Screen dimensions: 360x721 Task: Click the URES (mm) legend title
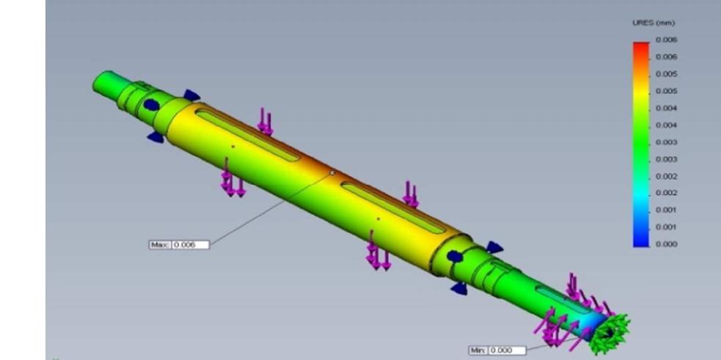click(648, 23)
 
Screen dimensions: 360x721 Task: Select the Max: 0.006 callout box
click(179, 244)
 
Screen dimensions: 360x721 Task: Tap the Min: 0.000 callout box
click(497, 350)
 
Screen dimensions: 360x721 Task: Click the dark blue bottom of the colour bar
click(641, 241)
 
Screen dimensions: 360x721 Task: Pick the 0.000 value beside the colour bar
click(667, 244)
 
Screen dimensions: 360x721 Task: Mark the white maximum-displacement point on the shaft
click(332, 174)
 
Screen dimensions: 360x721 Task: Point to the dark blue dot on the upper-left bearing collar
click(151, 105)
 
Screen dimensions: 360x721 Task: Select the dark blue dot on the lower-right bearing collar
click(454, 257)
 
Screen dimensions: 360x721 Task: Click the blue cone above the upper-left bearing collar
click(191, 95)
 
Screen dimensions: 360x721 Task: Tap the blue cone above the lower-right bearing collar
click(494, 247)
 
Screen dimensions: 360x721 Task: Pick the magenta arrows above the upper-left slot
click(265, 121)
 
